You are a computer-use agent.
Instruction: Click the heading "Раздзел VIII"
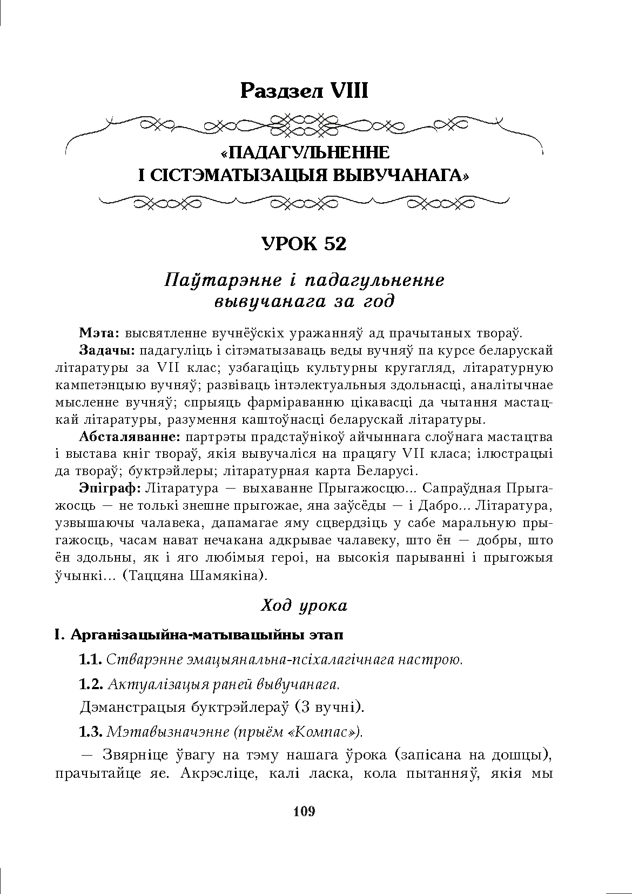[x=304, y=91]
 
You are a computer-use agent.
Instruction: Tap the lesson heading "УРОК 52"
[x=304, y=244]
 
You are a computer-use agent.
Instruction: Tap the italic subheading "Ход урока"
[x=304, y=605]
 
